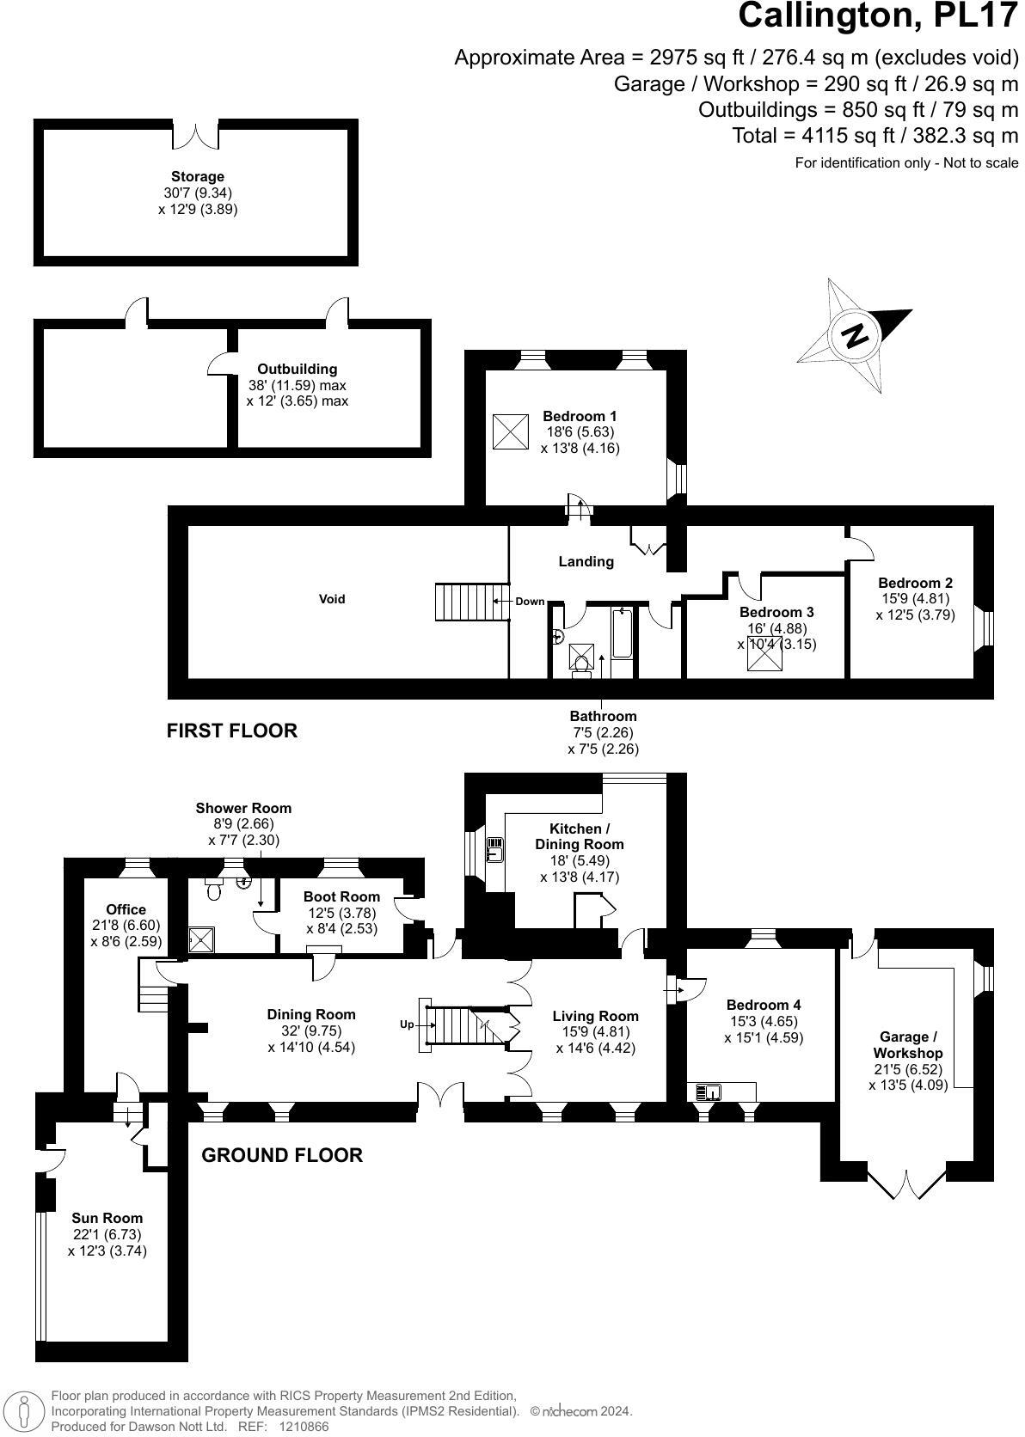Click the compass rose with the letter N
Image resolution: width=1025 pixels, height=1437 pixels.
(x=854, y=335)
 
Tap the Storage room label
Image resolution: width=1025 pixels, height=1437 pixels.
(x=197, y=176)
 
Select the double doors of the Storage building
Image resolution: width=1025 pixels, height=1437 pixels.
(x=197, y=135)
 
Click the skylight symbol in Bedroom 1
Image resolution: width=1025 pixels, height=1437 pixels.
(x=510, y=431)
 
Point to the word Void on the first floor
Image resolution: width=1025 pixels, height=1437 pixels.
(x=332, y=599)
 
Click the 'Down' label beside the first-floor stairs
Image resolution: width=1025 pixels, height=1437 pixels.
(x=530, y=602)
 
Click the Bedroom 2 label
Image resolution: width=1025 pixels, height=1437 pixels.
(x=915, y=583)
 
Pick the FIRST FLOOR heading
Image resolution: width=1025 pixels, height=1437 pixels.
(x=231, y=731)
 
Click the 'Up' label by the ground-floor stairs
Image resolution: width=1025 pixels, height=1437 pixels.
(x=407, y=1024)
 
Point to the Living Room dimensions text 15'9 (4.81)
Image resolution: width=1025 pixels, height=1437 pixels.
(x=595, y=1032)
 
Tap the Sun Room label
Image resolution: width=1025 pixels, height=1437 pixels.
(x=107, y=1218)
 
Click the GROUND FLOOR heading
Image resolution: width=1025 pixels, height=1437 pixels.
(x=281, y=1155)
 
